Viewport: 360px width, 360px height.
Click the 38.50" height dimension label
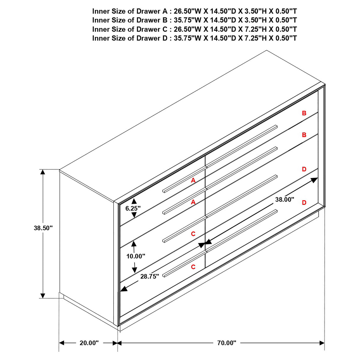(x=43, y=228)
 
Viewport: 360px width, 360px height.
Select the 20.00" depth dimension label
(x=89, y=343)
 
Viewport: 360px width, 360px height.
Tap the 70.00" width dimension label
(x=227, y=343)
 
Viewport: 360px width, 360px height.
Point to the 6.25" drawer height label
(x=133, y=208)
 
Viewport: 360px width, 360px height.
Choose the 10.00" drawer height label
(x=136, y=256)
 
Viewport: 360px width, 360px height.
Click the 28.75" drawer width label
(x=150, y=276)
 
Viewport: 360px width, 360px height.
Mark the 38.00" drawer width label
(x=285, y=200)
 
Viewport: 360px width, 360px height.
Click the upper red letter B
(x=304, y=113)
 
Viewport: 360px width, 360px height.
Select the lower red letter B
(x=304, y=135)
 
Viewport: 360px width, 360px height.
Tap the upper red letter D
(x=304, y=169)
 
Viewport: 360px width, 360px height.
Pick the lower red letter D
(x=304, y=203)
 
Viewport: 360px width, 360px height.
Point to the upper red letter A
(x=193, y=180)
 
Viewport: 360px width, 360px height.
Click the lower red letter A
(x=193, y=202)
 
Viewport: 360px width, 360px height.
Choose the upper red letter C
(x=193, y=234)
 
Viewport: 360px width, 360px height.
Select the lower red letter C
(x=193, y=267)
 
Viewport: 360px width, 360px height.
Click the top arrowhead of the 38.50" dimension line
(x=43, y=172)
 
